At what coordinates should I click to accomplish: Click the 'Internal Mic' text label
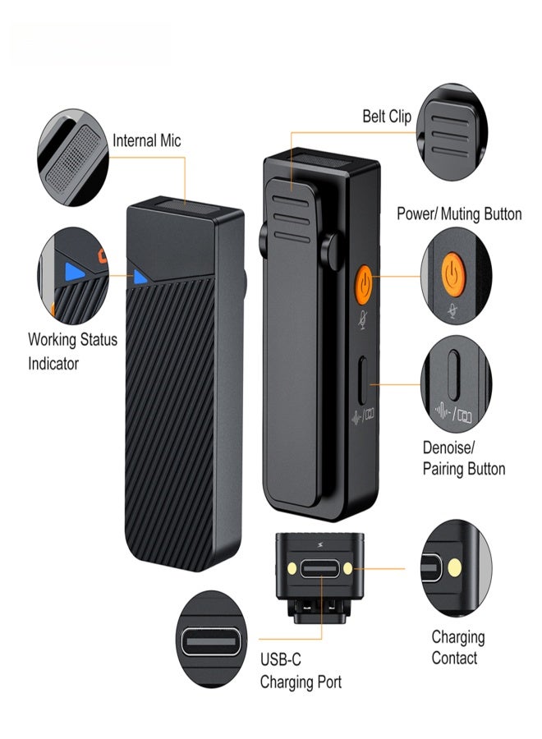point(146,140)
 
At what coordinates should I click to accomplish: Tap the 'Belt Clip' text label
point(387,117)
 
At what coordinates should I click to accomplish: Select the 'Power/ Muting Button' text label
point(459,214)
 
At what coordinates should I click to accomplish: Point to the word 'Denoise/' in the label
point(448,448)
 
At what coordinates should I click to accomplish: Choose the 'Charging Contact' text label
point(457,647)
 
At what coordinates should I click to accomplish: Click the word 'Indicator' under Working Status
point(53,363)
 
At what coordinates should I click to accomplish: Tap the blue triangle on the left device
point(140,277)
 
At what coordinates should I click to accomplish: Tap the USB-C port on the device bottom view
point(319,569)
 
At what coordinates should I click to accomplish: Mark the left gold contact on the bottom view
point(291,567)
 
